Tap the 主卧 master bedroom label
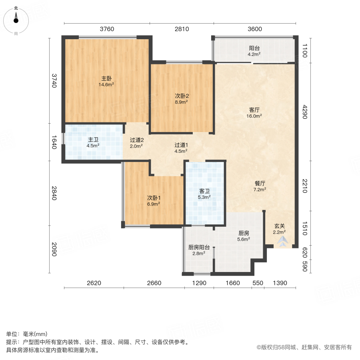click(x=106, y=78)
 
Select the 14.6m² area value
click(x=106, y=85)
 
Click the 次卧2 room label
click(x=182, y=96)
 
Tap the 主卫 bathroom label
click(x=93, y=140)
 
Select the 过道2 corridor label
click(x=137, y=140)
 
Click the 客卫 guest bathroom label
click(x=204, y=191)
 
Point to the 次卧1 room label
click(x=154, y=198)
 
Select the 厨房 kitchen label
click(x=244, y=233)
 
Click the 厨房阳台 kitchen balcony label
click(x=199, y=247)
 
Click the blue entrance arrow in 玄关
click(x=283, y=241)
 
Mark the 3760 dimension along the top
click(x=107, y=29)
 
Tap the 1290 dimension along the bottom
click(x=199, y=283)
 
